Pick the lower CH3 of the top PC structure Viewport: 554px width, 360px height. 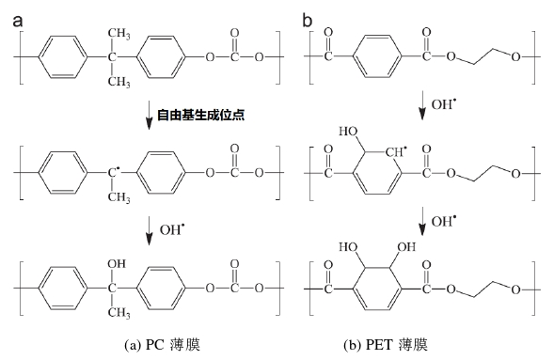pyautogui.click(x=119, y=83)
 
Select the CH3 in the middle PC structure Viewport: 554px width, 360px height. pyautogui.click(x=119, y=196)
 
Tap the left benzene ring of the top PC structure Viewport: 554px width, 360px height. pyautogui.click(x=64, y=59)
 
